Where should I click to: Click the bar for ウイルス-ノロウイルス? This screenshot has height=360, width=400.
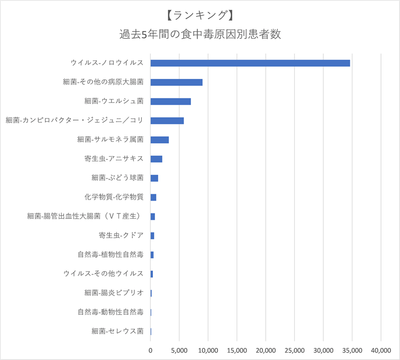250,63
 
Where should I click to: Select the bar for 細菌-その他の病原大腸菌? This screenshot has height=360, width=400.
176,82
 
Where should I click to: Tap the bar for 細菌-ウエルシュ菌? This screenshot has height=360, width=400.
170,101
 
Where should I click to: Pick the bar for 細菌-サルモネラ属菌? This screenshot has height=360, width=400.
159,140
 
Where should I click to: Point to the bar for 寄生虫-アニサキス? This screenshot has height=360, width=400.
156,159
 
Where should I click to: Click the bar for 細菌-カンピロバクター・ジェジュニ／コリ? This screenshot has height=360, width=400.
167,120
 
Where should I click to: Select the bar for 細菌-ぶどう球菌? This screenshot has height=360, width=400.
154,178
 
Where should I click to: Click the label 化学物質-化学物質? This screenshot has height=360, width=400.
113,197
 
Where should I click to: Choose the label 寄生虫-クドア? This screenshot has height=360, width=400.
121,236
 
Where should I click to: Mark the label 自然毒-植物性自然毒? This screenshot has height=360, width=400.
110,255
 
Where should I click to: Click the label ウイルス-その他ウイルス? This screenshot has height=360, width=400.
103,274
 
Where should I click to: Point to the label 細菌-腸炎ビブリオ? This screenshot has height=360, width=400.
113,293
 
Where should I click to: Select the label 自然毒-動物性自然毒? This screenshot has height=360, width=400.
110,312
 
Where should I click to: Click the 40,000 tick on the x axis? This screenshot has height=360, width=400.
381,350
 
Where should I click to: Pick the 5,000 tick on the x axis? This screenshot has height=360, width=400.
179,350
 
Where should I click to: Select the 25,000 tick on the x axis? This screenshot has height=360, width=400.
294,350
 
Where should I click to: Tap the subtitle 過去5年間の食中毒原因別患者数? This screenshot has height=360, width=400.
199,35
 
